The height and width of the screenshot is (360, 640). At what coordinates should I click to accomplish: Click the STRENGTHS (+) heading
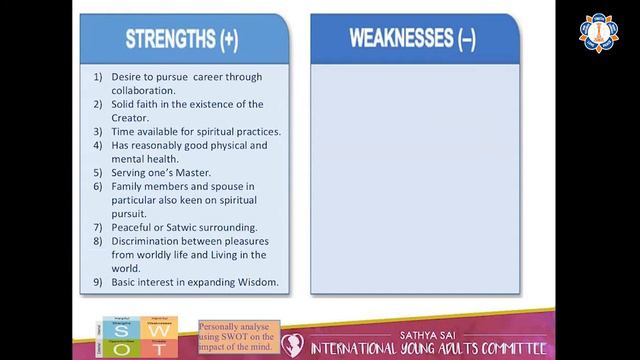pos(182,39)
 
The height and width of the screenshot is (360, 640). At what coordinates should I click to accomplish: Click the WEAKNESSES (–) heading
pos(411,39)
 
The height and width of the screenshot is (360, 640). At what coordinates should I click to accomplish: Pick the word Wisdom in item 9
pos(253,282)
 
